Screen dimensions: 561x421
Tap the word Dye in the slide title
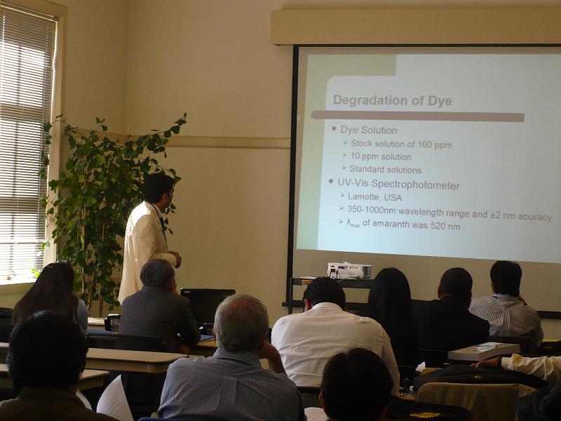click(440, 101)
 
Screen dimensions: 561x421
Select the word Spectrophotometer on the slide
click(415, 185)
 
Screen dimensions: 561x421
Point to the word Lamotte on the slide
click(363, 197)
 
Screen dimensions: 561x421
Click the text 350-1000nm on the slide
click(371, 210)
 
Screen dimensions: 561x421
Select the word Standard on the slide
click(366, 169)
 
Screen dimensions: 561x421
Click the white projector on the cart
click(349, 271)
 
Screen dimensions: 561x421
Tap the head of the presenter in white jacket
click(159, 188)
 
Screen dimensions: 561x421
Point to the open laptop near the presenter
click(207, 305)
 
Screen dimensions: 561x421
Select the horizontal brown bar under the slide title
click(417, 116)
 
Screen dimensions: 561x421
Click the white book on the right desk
click(484, 352)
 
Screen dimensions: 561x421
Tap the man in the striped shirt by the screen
click(506, 301)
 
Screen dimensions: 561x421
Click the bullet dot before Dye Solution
click(334, 128)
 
